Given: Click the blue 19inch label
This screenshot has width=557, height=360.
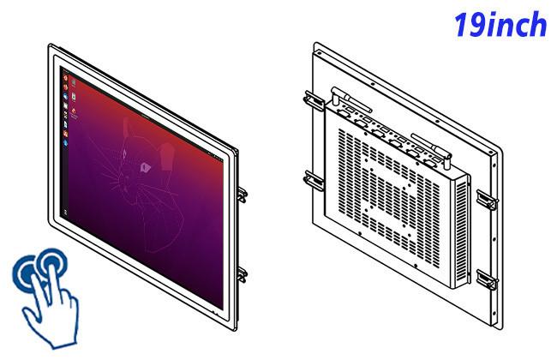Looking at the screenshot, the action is click(x=500, y=24).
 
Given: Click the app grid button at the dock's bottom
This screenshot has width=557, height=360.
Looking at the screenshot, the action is click(x=65, y=213).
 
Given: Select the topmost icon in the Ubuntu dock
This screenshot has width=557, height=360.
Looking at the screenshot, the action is click(x=65, y=77).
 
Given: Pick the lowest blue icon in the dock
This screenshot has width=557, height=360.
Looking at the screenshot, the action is click(x=66, y=143).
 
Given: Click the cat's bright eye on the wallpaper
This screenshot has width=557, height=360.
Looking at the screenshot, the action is click(x=145, y=166).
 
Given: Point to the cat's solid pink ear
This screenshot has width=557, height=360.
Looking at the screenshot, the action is click(x=167, y=156).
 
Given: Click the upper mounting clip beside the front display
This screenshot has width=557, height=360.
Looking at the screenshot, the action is click(x=243, y=195).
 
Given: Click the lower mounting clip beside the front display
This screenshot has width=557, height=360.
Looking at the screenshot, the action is click(x=243, y=274).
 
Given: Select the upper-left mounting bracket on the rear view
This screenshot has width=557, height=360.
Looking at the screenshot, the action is click(x=314, y=100).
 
